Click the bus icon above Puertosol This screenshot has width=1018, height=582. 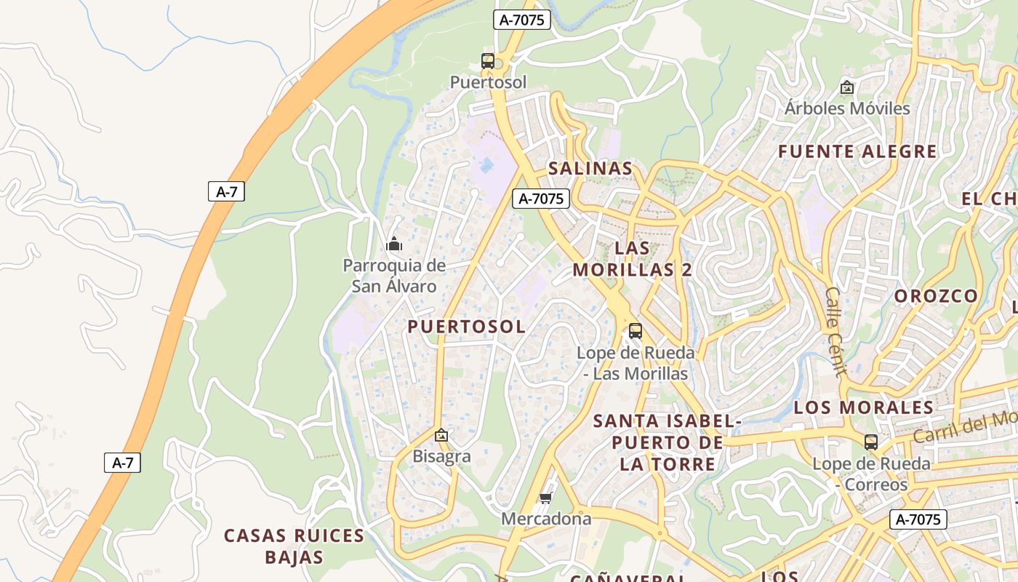[488, 61]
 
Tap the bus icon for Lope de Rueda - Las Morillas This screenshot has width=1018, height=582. [636, 331]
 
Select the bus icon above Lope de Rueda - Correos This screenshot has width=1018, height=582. [870, 442]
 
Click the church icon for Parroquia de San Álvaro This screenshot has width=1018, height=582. [394, 244]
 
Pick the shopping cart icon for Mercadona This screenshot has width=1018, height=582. [546, 498]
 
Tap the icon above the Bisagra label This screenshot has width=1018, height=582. [441, 436]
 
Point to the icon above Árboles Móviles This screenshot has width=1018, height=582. [846, 87]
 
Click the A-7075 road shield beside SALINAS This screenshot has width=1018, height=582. [541, 198]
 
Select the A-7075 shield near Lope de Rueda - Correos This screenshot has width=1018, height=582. [918, 519]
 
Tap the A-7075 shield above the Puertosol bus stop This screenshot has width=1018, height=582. [521, 20]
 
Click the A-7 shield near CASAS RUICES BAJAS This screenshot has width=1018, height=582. [122, 462]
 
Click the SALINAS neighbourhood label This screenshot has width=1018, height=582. [590, 168]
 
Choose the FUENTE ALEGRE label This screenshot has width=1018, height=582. [857, 151]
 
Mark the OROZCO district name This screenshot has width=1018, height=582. [936, 296]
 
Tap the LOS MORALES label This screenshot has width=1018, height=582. [863, 407]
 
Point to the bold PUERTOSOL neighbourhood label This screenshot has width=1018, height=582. [466, 327]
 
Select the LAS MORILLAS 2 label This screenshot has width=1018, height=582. [632, 258]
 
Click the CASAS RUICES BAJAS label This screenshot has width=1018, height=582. [294, 546]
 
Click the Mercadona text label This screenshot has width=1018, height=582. [546, 519]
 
